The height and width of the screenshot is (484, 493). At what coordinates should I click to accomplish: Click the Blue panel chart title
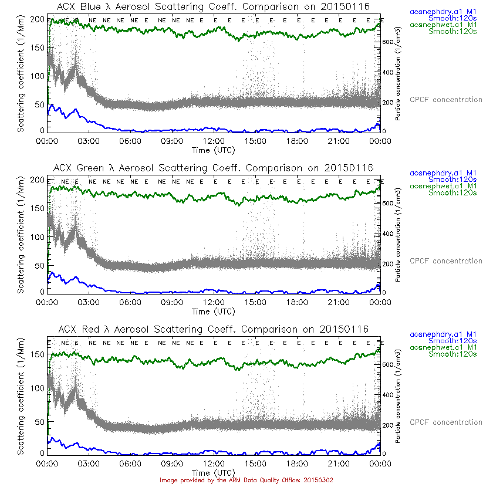tap(214, 6)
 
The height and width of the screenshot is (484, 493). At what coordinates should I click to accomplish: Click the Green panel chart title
tap(214, 168)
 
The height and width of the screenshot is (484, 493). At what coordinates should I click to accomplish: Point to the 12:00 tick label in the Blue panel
tap(213, 141)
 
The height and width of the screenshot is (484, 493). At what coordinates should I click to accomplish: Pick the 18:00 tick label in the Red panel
tap(297, 463)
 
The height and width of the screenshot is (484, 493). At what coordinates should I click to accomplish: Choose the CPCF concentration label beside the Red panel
tap(445, 422)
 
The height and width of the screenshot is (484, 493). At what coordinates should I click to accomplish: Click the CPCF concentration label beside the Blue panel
tap(445, 100)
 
